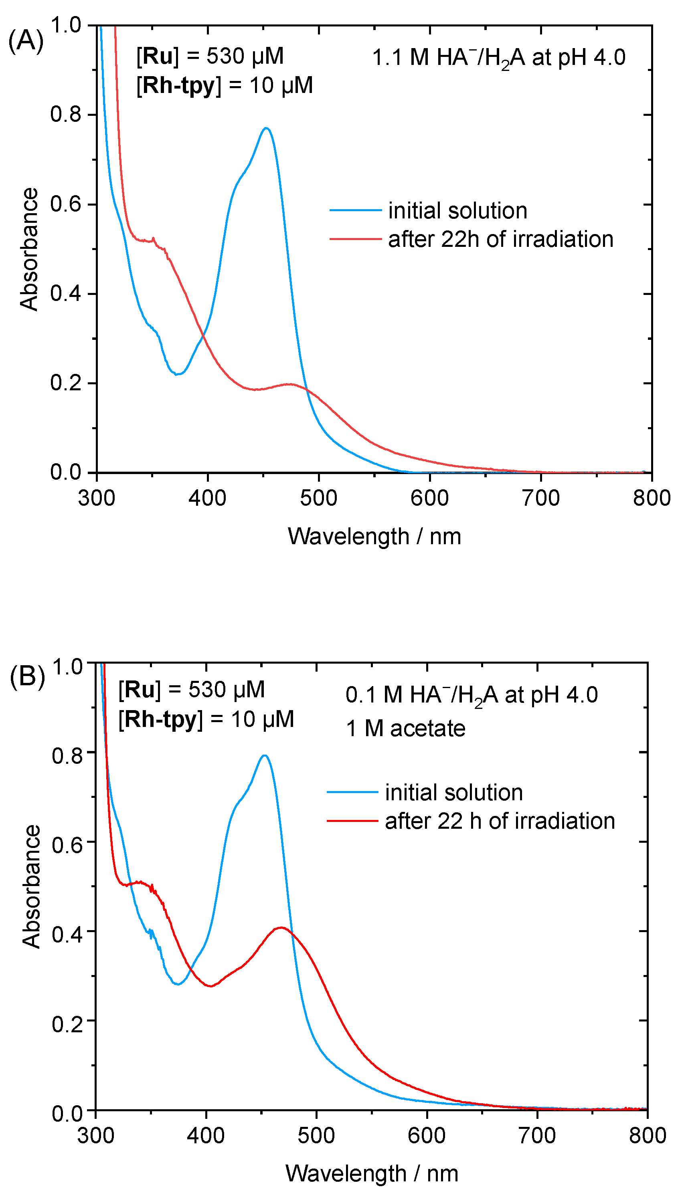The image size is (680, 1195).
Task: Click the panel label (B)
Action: click(x=27, y=676)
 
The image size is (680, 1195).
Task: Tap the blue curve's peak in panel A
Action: click(x=266, y=128)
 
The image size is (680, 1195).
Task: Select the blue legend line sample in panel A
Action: click(x=355, y=210)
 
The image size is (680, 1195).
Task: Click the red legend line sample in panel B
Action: click(x=352, y=821)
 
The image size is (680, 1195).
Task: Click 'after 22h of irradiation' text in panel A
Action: click(x=501, y=240)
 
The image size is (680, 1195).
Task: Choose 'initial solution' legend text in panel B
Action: click(x=453, y=793)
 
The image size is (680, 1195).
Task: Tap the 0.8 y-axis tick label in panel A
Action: click(x=66, y=114)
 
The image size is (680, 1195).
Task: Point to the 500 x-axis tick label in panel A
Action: click(x=318, y=499)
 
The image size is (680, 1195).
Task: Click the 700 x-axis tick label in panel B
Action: click(x=537, y=1135)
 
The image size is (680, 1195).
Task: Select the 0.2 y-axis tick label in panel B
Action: click(x=67, y=1025)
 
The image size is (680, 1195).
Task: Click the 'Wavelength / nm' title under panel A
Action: click(x=374, y=536)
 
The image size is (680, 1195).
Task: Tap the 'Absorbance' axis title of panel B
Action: click(x=31, y=886)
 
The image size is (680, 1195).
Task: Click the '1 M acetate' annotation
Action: click(x=405, y=729)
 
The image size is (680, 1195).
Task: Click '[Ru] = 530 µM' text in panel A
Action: click(x=210, y=56)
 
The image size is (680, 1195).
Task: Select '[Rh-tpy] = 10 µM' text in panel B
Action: click(x=206, y=719)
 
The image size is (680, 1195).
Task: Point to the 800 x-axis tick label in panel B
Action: click(x=647, y=1135)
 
